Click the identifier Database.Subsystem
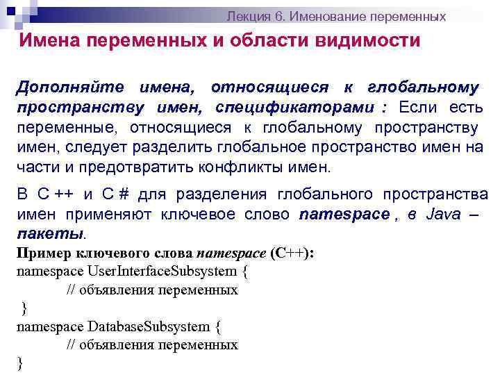tap(149, 326)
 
